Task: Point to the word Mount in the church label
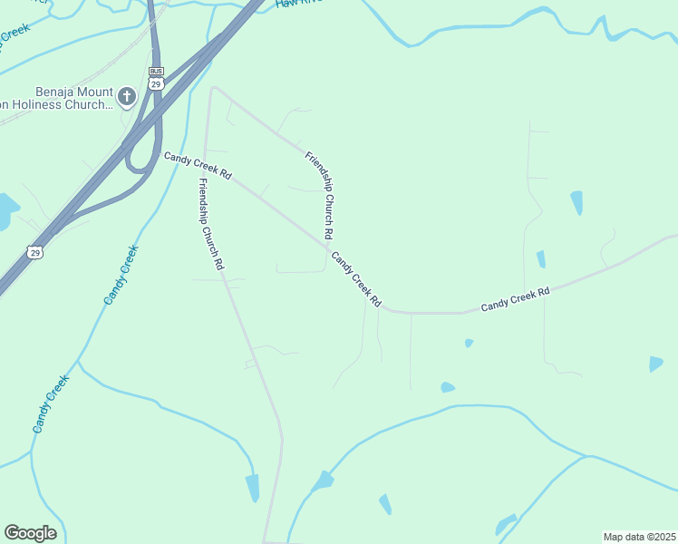coord(96,92)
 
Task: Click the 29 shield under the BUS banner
coord(156,83)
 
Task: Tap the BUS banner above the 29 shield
coord(156,71)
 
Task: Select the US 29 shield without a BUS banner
coord(34,251)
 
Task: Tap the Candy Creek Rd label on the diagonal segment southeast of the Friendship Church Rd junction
coord(355,278)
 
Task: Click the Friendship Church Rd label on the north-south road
coord(209,225)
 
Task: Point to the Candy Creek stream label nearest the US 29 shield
coord(121,274)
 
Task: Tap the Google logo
coord(30,533)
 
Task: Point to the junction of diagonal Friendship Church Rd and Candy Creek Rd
coord(328,246)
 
